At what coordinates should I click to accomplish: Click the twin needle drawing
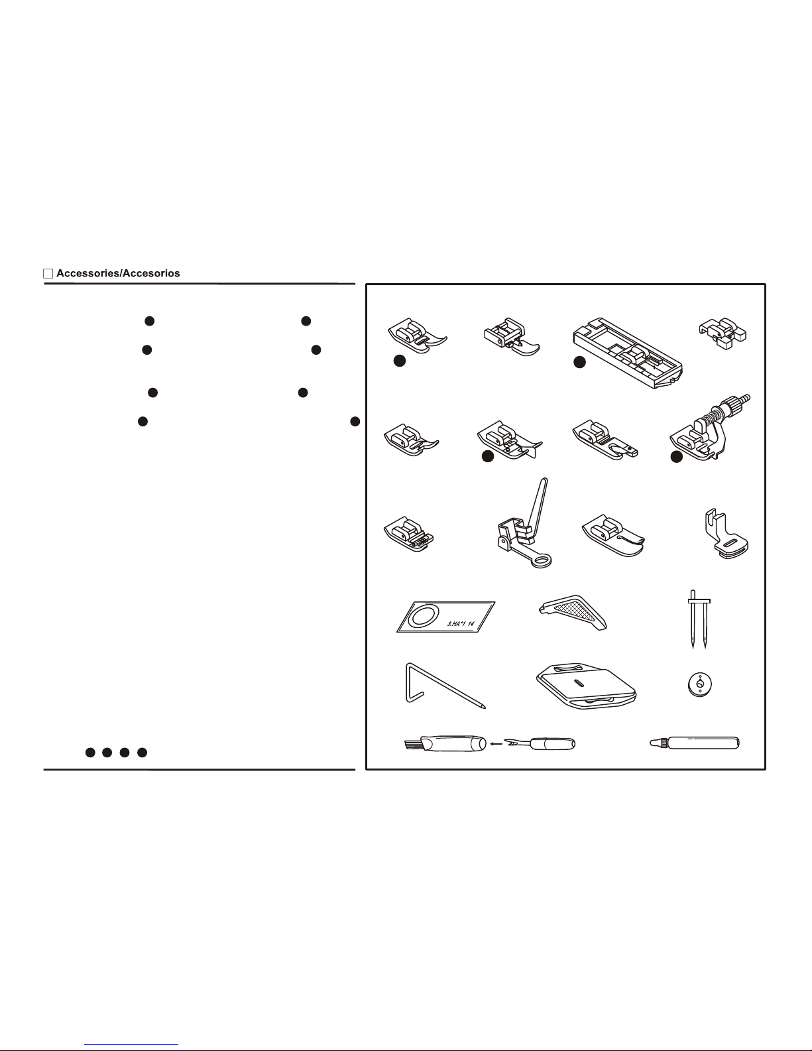coord(699,619)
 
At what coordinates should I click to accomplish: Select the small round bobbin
coord(699,684)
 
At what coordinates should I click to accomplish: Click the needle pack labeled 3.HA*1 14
coord(445,617)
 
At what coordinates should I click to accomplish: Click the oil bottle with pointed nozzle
coord(695,743)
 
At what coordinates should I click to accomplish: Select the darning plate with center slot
coord(586,686)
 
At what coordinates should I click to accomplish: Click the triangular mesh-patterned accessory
coord(573,612)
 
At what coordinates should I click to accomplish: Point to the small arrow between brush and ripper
coord(495,744)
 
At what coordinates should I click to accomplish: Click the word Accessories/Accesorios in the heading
coord(118,273)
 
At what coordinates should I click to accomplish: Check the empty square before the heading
coord(48,274)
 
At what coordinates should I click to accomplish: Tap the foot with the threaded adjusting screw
coord(709,428)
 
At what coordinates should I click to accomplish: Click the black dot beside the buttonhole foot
coord(579,362)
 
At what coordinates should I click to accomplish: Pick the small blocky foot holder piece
coord(723,334)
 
